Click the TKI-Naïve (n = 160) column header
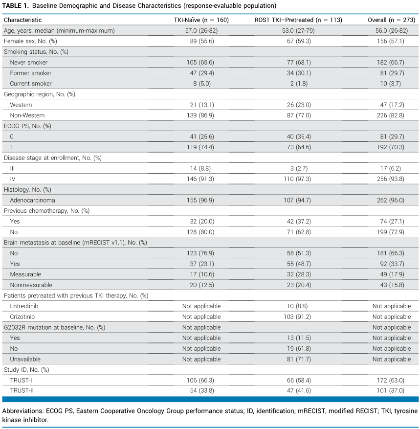click(x=201, y=20)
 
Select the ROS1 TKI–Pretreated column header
click(x=298, y=20)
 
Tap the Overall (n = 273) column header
click(x=391, y=20)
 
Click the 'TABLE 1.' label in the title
click(x=15, y=6)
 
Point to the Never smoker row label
click(x=29, y=63)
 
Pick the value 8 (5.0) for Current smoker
click(x=202, y=84)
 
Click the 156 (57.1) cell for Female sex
click(x=391, y=41)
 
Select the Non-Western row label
click(x=27, y=115)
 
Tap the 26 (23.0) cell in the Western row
click(x=299, y=105)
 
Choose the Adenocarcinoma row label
click(x=33, y=200)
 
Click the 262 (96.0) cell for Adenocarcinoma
click(x=391, y=200)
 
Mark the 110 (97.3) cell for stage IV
click(x=297, y=179)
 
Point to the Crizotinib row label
click(x=22, y=317)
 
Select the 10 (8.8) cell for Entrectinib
click(x=297, y=306)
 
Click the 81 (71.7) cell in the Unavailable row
click(x=299, y=359)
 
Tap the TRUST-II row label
click(x=22, y=391)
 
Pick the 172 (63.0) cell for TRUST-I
click(x=391, y=380)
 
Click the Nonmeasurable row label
click(x=31, y=285)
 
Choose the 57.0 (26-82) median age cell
click(x=201, y=31)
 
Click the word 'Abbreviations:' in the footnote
click(x=23, y=411)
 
